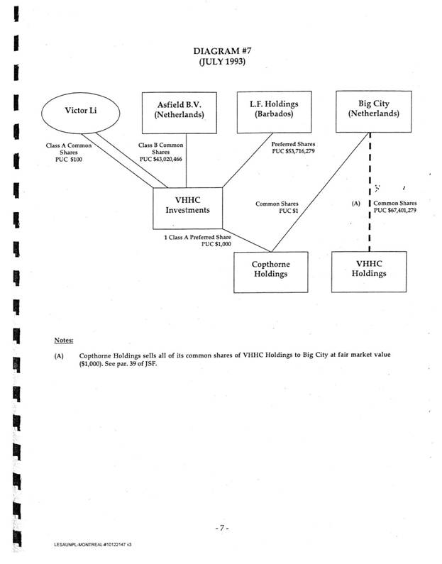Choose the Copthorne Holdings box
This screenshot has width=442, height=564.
pyautogui.click(x=272, y=271)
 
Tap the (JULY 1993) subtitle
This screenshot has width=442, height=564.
pyautogui.click(x=220, y=62)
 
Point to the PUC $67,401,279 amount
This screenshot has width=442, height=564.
pyautogui.click(x=402, y=211)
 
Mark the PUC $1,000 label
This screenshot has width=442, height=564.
pyautogui.click(x=217, y=243)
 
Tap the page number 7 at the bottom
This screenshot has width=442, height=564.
pyautogui.click(x=220, y=528)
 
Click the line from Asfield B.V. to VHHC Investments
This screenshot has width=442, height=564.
pyautogui.click(x=186, y=160)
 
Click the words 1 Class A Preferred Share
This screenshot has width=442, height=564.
pyautogui.click(x=199, y=236)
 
